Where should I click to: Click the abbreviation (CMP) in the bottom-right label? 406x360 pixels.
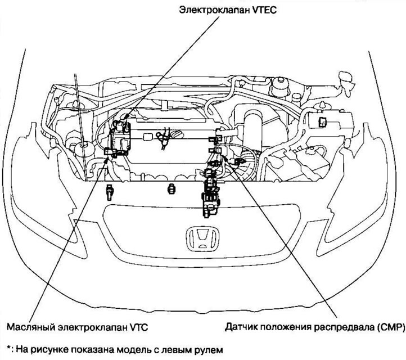coord(384,326)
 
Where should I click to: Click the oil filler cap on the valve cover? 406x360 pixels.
coord(175,135)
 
